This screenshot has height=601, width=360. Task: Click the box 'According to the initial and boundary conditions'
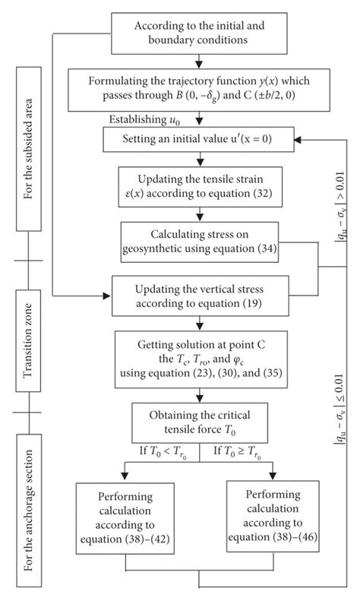(x=199, y=28)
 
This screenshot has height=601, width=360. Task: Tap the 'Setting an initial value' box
(x=199, y=139)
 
